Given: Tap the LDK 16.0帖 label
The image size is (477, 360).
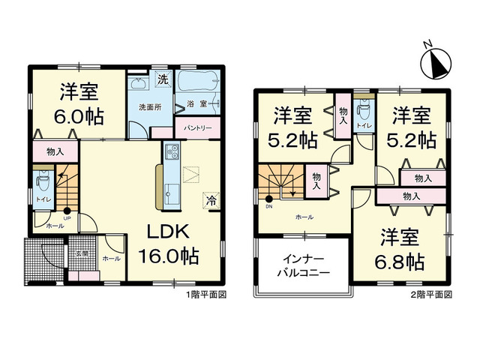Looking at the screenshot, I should (x=167, y=241).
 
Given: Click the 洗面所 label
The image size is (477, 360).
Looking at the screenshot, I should (x=147, y=106).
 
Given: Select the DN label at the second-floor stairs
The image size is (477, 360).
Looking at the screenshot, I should (x=268, y=207).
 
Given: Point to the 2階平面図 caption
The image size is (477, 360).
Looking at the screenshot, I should (x=431, y=295).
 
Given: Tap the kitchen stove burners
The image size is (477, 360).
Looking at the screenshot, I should (x=170, y=153).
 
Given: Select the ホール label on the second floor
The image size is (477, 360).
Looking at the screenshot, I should (x=304, y=217).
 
